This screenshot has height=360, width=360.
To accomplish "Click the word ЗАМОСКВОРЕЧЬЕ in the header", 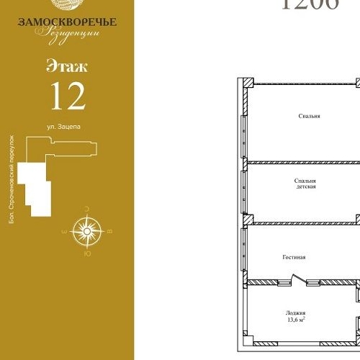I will [x=67, y=22].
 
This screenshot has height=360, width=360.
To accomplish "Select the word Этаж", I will [x=67, y=68].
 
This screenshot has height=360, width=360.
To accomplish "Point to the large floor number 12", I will [x=67, y=95].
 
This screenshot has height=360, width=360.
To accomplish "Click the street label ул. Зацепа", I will [x=63, y=126].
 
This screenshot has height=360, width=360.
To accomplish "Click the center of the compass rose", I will [x=87, y=231].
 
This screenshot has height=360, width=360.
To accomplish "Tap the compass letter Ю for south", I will [x=87, y=253].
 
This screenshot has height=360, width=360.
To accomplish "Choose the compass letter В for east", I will [x=109, y=232].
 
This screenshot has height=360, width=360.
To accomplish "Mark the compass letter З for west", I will [x=65, y=232].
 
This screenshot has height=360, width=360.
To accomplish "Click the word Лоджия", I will [x=296, y=313].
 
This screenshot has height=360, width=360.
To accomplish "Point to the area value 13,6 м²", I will [x=296, y=321].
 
